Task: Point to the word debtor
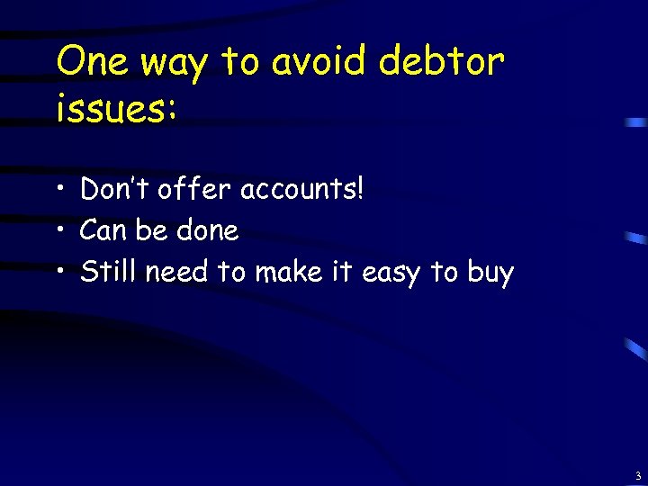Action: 442,63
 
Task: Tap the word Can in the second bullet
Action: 103,231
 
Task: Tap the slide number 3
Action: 637,475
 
